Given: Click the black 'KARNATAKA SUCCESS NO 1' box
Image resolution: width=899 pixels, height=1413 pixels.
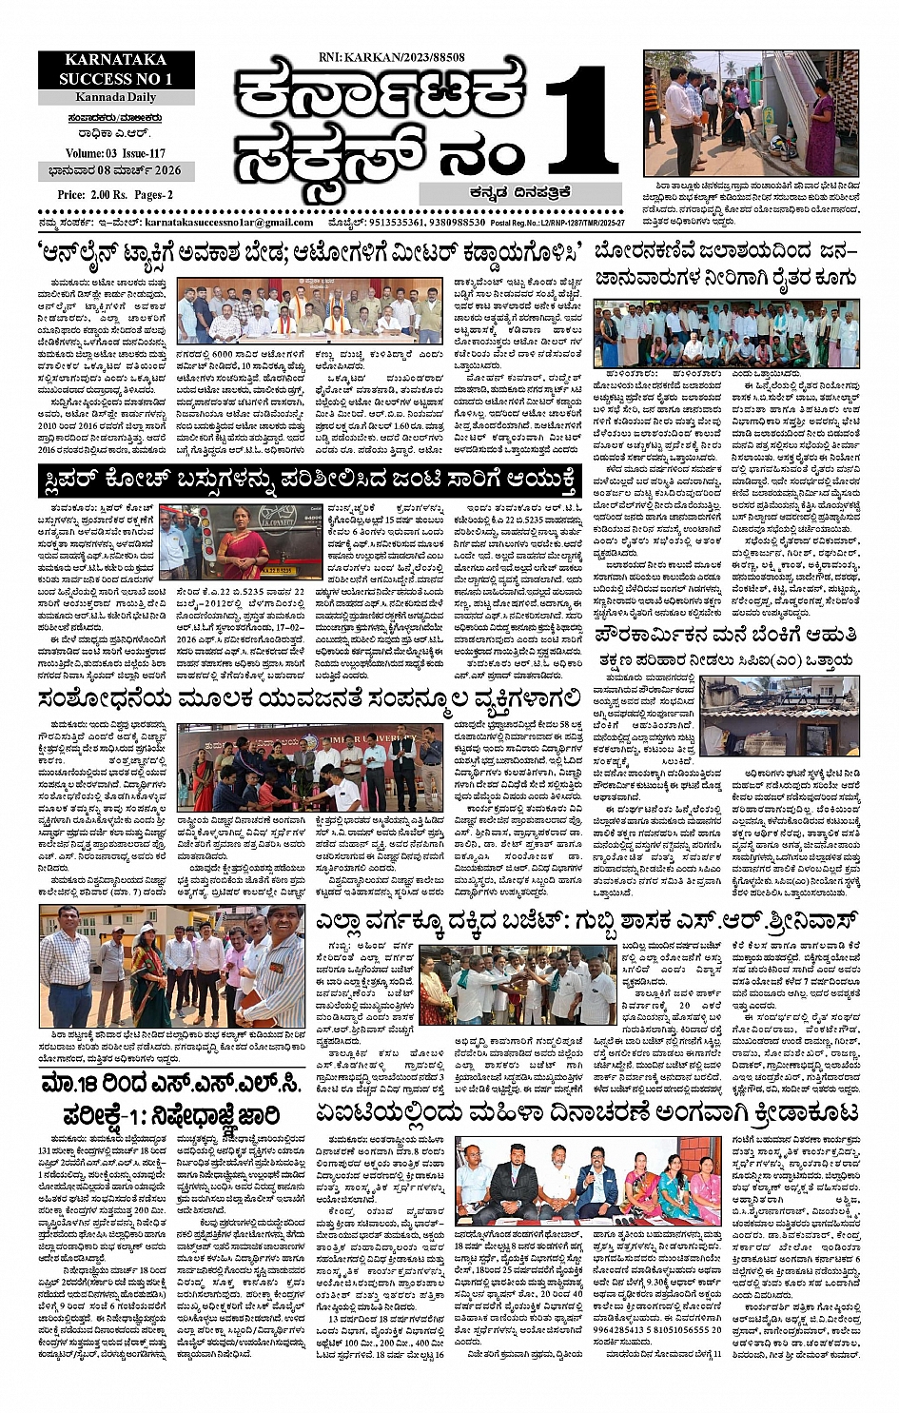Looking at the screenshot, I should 116,69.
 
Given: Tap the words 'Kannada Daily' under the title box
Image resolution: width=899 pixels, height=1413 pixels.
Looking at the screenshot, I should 116,98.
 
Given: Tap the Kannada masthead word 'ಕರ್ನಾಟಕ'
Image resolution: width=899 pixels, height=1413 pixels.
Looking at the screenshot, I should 381,95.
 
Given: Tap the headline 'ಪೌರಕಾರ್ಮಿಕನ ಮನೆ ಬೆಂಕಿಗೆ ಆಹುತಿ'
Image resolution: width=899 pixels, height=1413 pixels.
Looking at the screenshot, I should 726,634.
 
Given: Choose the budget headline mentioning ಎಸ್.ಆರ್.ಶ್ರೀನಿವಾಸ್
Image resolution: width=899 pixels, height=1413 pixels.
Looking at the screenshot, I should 587,921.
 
